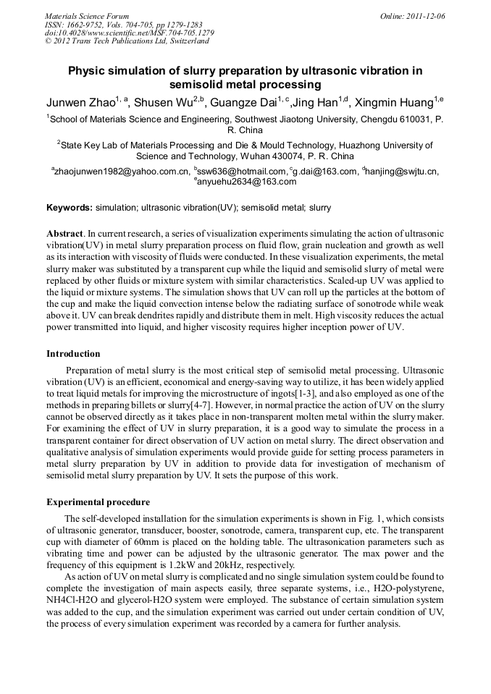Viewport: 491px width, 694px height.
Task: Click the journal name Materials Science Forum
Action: click(87, 16)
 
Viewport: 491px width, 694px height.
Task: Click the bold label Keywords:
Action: click(70, 208)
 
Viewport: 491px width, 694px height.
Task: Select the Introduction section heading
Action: click(73, 354)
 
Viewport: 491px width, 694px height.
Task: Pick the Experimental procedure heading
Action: click(98, 502)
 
